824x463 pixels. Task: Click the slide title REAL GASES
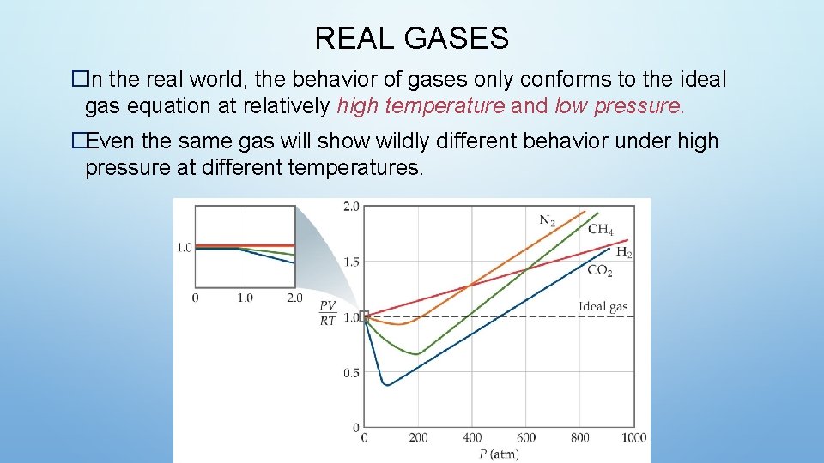(411, 38)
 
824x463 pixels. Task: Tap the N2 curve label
(547, 220)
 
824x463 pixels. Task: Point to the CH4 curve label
(600, 229)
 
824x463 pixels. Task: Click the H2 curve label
(624, 252)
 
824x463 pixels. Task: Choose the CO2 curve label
(599, 270)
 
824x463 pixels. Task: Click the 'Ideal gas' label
(603, 306)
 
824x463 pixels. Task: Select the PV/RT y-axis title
(328, 313)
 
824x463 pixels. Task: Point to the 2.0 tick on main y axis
(351, 206)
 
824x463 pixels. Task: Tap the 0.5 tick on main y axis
(351, 373)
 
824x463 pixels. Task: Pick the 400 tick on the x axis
(472, 437)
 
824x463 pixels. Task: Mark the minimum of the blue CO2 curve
(386, 385)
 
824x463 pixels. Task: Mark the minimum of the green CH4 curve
(416, 353)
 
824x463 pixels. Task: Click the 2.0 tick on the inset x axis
(294, 298)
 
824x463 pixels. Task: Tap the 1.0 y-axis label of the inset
(184, 248)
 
